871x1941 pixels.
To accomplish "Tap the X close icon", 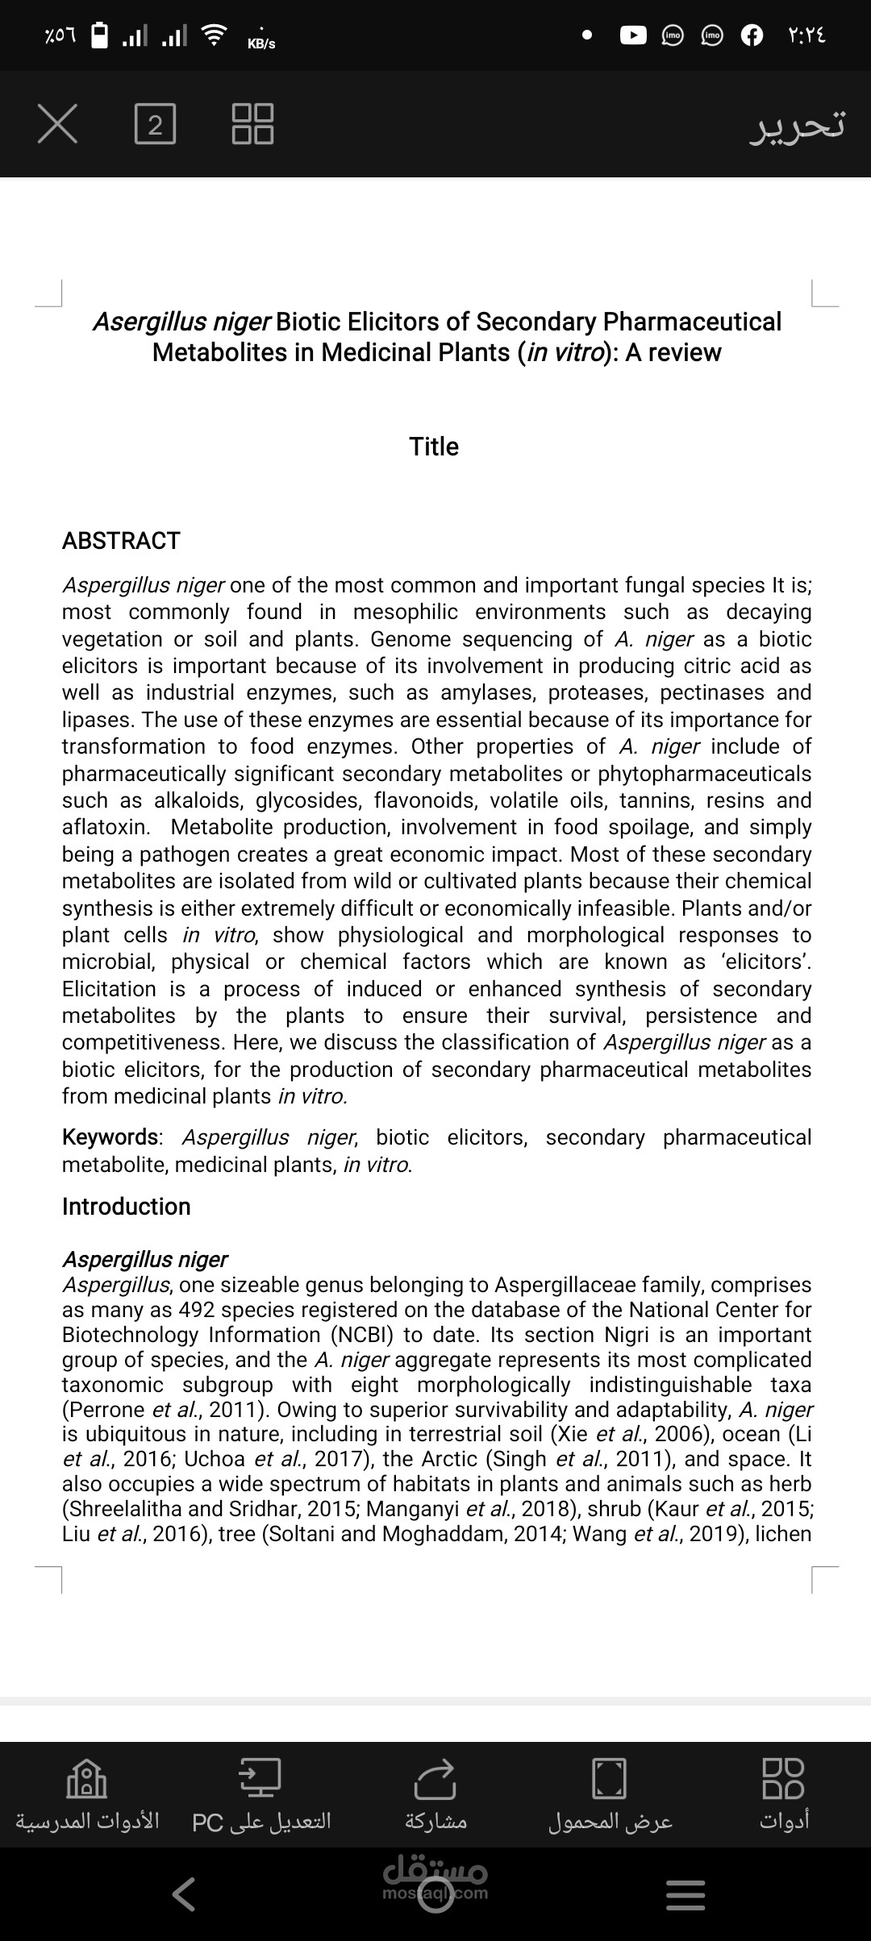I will click(57, 124).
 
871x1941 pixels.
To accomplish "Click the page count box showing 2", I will click(155, 124).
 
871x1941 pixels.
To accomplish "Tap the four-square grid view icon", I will click(252, 124).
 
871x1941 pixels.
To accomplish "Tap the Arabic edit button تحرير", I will click(797, 125).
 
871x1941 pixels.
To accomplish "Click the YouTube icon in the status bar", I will click(633, 35).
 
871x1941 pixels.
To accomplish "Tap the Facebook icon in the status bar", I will click(752, 35).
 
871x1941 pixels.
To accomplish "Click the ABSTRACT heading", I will click(121, 541).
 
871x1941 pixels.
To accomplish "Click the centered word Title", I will click(434, 447).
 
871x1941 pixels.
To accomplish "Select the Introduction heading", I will click(127, 1207).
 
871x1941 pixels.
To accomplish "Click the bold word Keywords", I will click(110, 1137).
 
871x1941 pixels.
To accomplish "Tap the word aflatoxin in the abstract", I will click(105, 827).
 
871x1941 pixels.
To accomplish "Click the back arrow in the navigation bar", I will click(184, 1894).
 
